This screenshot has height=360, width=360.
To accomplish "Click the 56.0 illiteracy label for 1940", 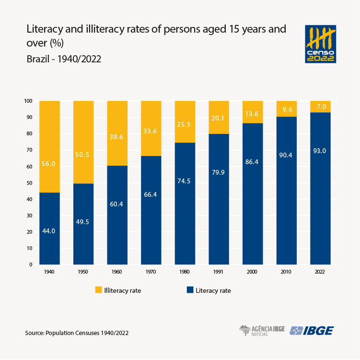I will [x=49, y=164].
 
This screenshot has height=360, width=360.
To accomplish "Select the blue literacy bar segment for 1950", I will [x=83, y=224].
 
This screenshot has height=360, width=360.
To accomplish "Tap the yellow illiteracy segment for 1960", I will [x=117, y=133].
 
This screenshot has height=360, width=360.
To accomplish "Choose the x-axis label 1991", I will [x=219, y=272].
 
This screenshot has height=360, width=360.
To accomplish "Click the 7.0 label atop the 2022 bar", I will [x=320, y=106].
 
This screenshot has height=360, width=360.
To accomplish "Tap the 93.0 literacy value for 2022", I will [x=320, y=151].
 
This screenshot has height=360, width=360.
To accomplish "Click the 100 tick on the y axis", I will [x=28, y=101].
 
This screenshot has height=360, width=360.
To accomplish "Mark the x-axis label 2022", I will [x=320, y=272].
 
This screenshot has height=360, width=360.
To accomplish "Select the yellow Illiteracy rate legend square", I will [x=99, y=290].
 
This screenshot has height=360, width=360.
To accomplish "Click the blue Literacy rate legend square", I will [x=190, y=290].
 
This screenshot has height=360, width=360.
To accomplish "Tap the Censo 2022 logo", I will [x=320, y=44].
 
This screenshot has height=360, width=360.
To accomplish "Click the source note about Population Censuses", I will [x=77, y=333].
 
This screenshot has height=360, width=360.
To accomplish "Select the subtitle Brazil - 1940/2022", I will [x=63, y=59].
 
